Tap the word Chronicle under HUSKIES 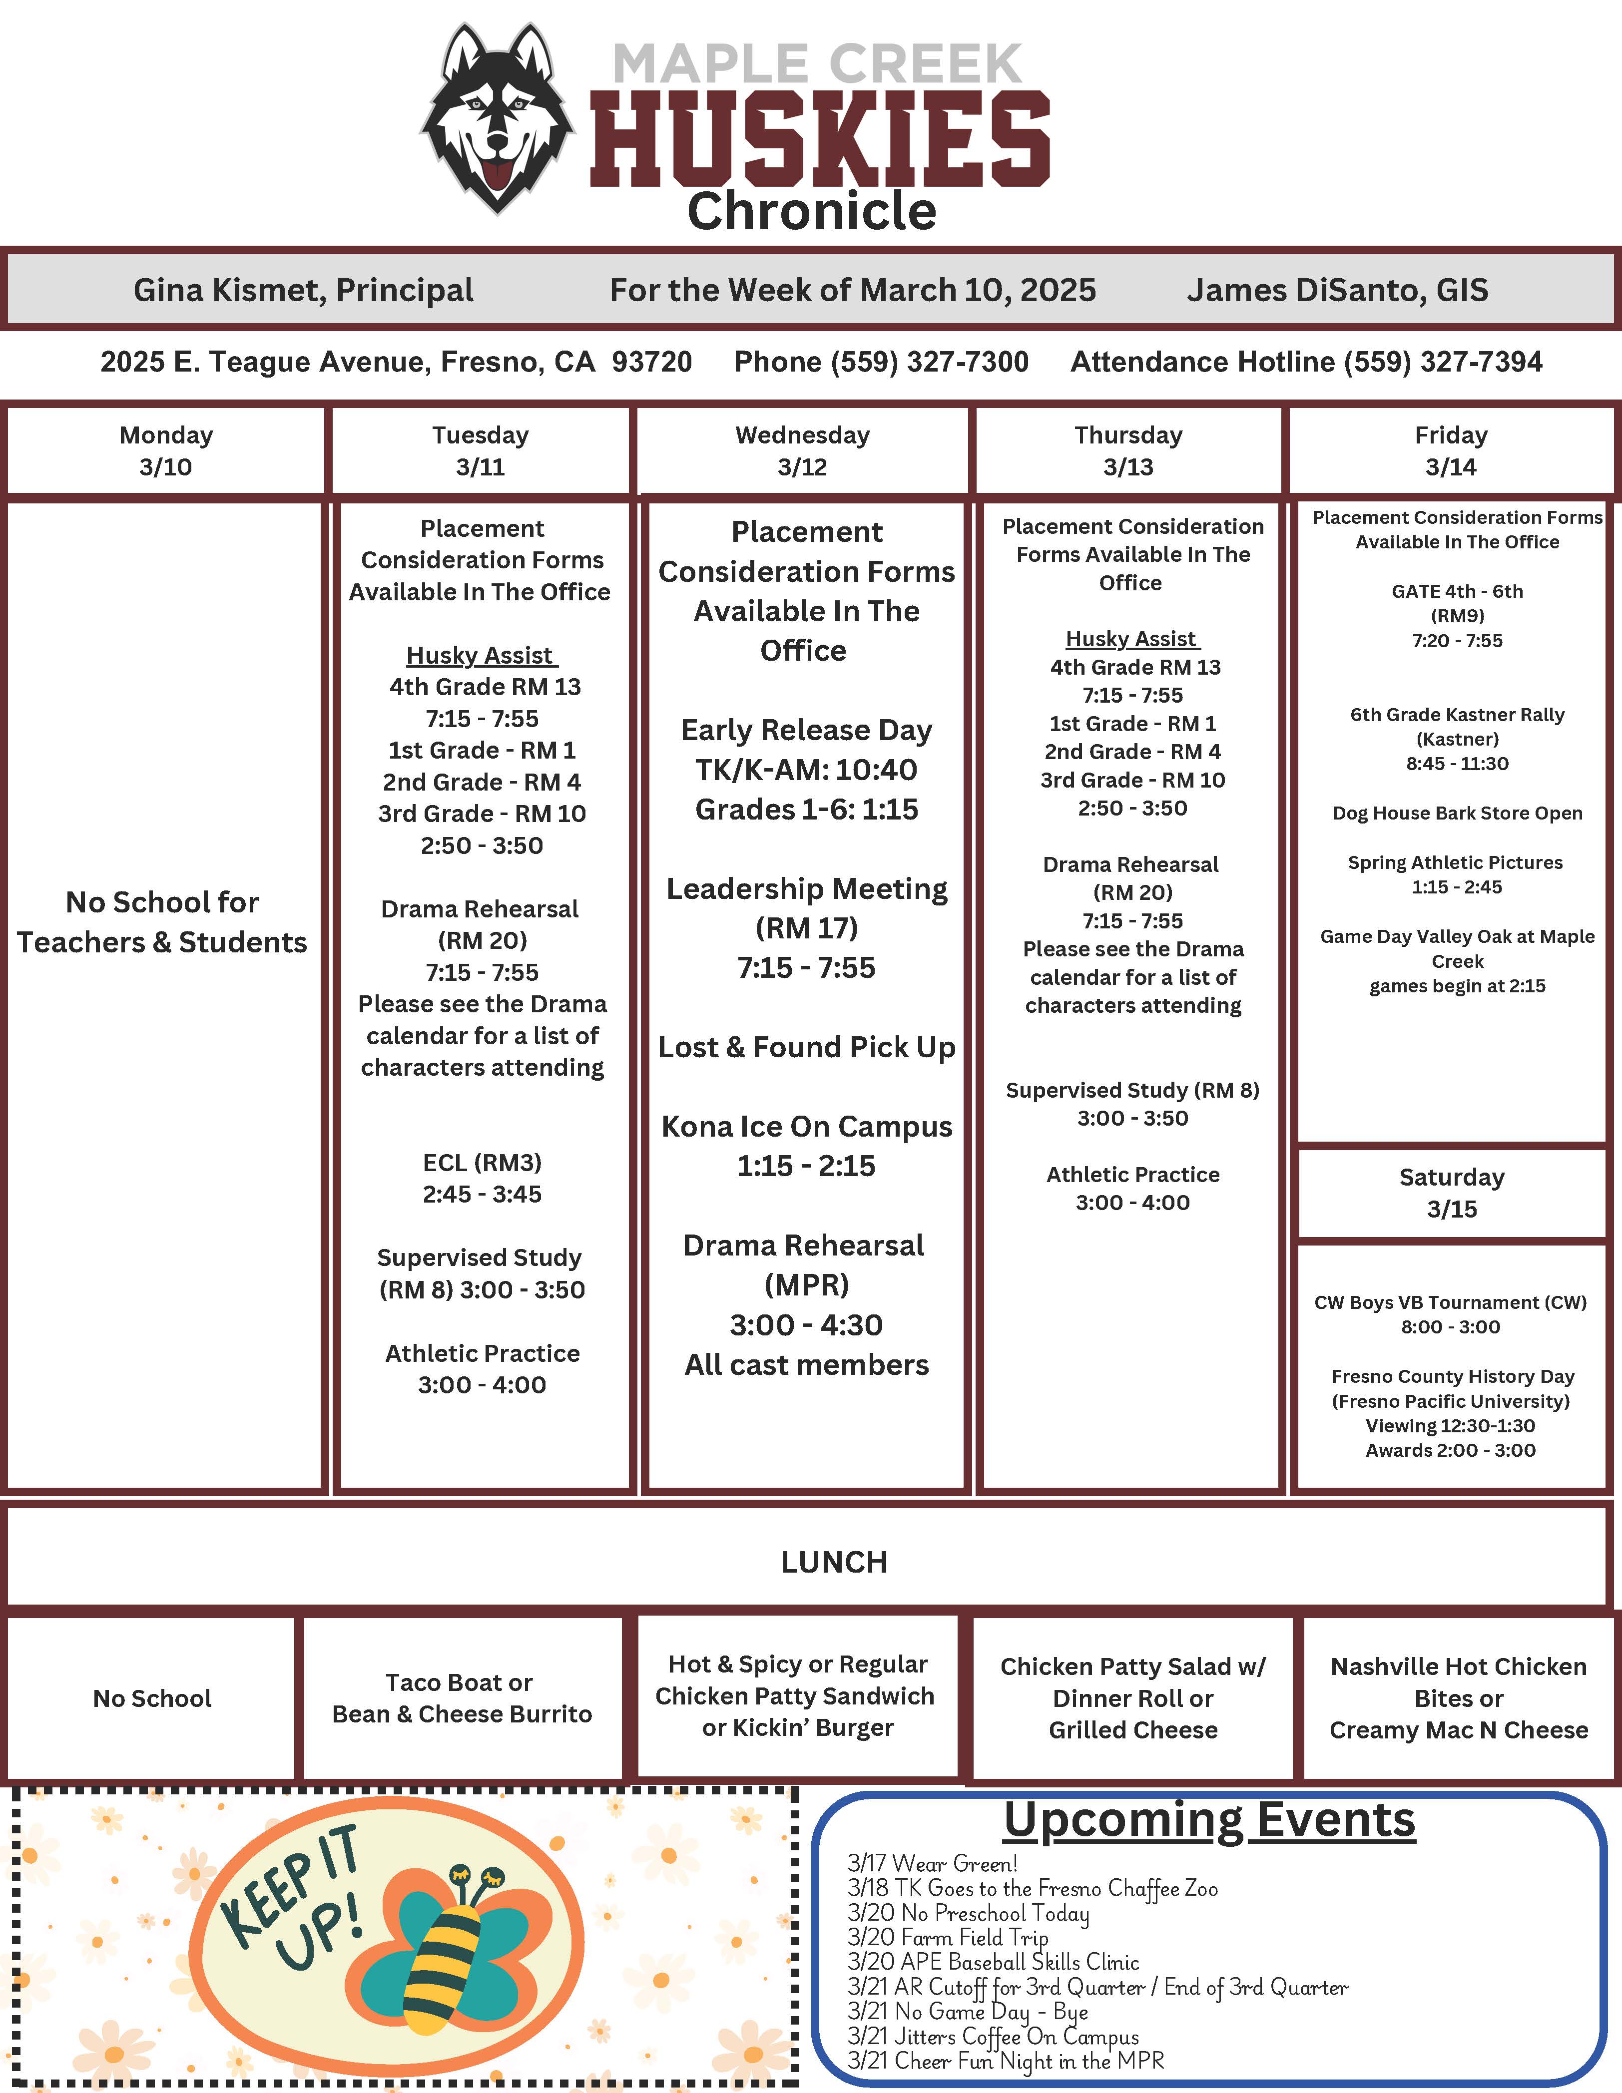[x=811, y=211]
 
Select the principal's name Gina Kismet [x=303, y=290]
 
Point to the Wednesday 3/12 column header [x=802, y=450]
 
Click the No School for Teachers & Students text [x=162, y=922]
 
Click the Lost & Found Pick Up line [x=806, y=1047]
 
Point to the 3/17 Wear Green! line [x=932, y=1864]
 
